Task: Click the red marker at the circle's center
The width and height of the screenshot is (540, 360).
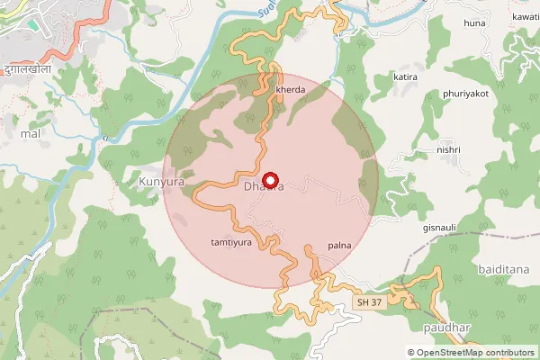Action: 271,180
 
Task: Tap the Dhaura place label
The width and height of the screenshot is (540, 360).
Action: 264,187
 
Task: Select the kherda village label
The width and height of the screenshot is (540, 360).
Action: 290,90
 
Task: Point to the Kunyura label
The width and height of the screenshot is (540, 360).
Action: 163,183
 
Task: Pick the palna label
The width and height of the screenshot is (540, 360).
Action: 339,245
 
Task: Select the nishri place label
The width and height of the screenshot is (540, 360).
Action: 447,149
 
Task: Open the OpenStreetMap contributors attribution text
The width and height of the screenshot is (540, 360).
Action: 471,352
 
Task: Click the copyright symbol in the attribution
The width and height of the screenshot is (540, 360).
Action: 411,352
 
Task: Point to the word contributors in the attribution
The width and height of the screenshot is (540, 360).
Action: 508,352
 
